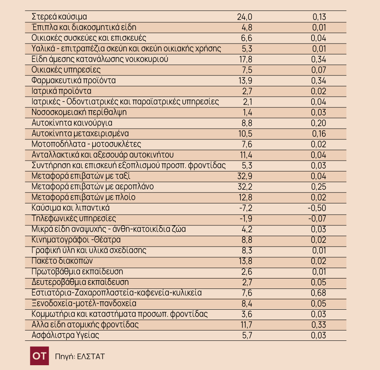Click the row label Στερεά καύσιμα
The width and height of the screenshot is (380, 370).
pyautogui.click(x=59, y=17)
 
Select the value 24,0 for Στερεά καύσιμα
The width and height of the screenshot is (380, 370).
pyautogui.click(x=244, y=17)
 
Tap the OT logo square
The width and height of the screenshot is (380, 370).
pyautogui.click(x=40, y=356)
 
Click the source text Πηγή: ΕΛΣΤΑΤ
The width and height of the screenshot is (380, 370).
pyautogui.click(x=80, y=356)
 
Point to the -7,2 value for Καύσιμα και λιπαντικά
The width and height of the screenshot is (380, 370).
pyautogui.click(x=246, y=208)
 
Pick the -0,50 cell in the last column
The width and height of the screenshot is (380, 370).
pyautogui.click(x=317, y=208)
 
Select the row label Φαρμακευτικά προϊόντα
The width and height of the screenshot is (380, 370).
pyautogui.click(x=74, y=80)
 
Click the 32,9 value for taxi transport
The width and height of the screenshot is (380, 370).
pyautogui.click(x=245, y=176)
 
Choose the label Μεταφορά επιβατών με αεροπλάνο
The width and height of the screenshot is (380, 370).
pyautogui.click(x=92, y=187)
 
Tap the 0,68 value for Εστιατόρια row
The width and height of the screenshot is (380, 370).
pyautogui.click(x=318, y=293)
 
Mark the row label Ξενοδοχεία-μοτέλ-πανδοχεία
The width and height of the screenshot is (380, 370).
pyautogui.click(x=84, y=303)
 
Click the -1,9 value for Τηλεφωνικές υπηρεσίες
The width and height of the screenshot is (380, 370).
pyautogui.click(x=246, y=219)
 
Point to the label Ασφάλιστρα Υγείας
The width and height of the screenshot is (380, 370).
pyautogui.click(x=66, y=335)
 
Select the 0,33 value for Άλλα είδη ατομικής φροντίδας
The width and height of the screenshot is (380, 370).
pyautogui.click(x=319, y=325)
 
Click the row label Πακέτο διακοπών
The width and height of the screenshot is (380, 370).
pyautogui.click(x=62, y=261)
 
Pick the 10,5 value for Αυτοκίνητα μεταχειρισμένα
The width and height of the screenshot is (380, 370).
pyautogui.click(x=246, y=134)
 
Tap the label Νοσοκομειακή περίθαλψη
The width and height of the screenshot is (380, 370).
pyautogui.click(x=79, y=112)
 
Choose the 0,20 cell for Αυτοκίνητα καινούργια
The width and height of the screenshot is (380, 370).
pyautogui.click(x=318, y=123)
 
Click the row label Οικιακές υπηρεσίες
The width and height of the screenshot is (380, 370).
pyautogui.click(x=66, y=70)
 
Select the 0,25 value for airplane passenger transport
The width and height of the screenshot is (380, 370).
pyautogui.click(x=318, y=187)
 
